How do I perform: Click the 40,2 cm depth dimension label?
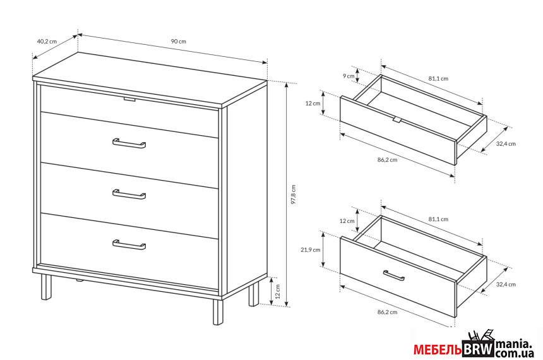click(x=47, y=41)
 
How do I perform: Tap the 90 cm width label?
click(x=178, y=41)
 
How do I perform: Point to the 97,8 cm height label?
click(x=294, y=195)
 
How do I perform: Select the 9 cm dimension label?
click(x=349, y=76)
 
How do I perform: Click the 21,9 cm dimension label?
click(x=310, y=249)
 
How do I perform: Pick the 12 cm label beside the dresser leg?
click(x=277, y=291)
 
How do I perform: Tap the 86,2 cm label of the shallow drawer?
click(x=387, y=160)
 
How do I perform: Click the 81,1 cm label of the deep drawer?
click(x=438, y=219)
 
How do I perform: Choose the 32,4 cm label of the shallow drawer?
click(x=506, y=143)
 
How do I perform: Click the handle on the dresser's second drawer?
click(x=129, y=143)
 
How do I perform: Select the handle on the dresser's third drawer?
click(x=129, y=195)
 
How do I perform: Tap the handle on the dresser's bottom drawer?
click(x=129, y=244)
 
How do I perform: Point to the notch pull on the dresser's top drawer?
click(x=129, y=100)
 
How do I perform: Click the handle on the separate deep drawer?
click(x=394, y=275)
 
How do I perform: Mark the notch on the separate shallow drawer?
click(x=397, y=119)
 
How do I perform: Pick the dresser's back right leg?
click(x=254, y=294)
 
